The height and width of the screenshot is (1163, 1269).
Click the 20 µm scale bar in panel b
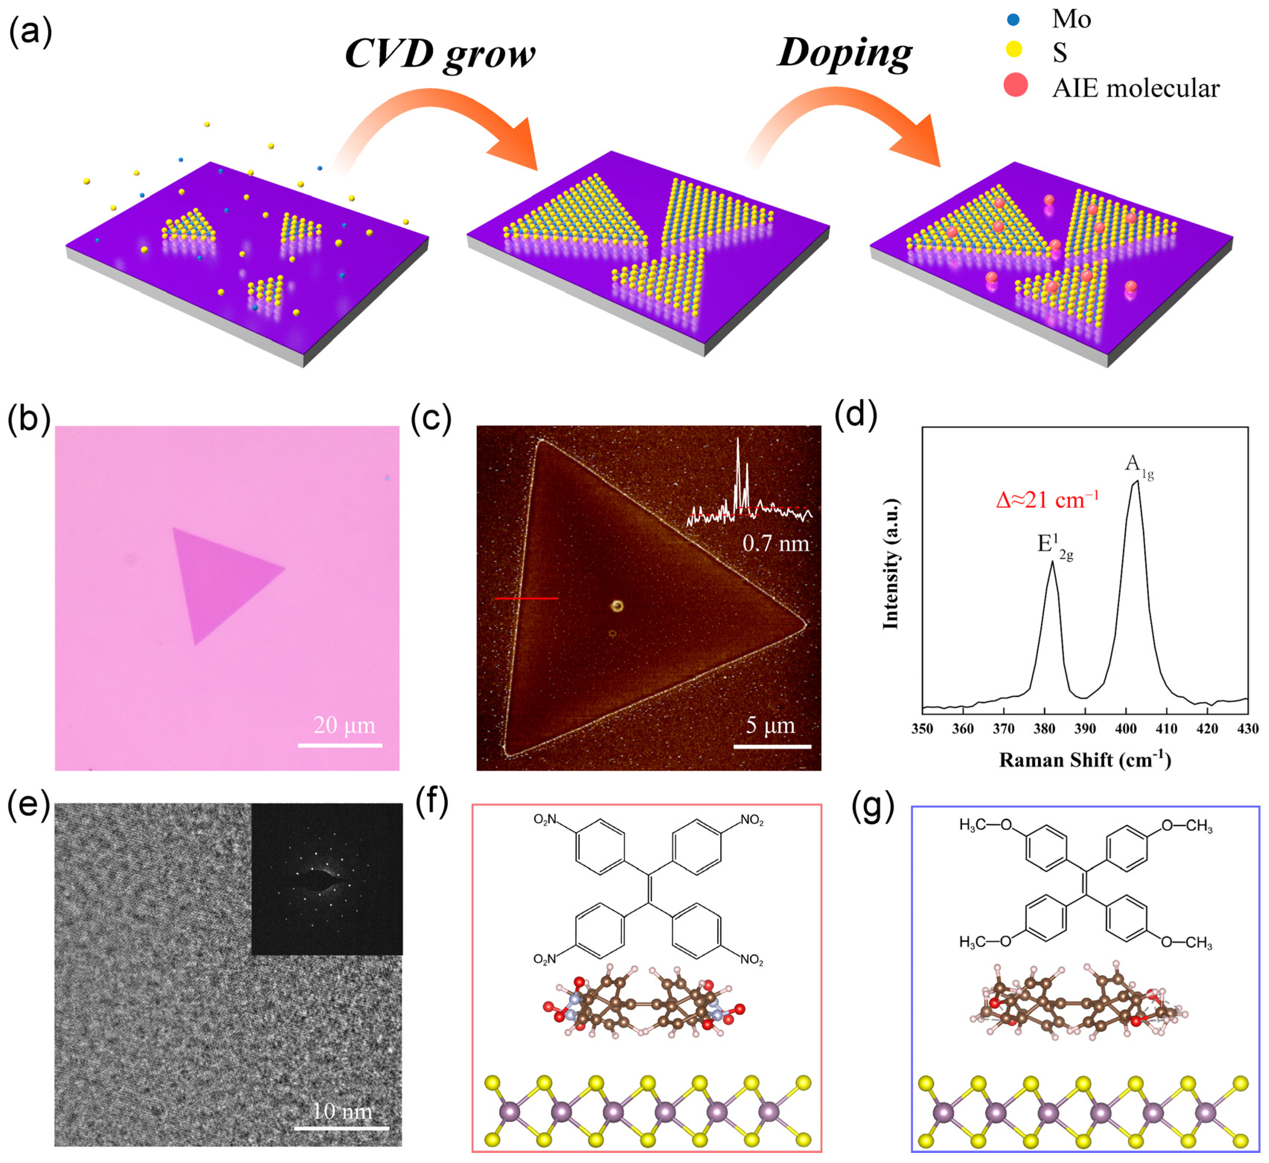(x=340, y=745)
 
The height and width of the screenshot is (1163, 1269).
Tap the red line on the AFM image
(x=526, y=598)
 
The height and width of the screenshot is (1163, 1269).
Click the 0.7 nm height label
(x=775, y=543)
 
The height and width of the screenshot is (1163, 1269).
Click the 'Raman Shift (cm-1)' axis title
(x=1084, y=760)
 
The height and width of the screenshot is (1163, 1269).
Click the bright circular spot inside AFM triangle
(x=617, y=606)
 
